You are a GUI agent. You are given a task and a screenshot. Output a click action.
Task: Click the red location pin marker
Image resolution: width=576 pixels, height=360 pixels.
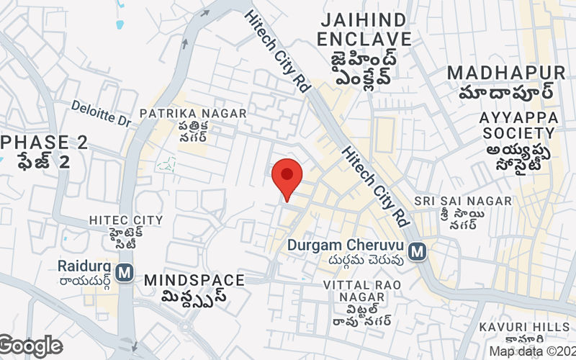287,176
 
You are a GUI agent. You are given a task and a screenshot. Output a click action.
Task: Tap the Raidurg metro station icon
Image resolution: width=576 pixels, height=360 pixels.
125,272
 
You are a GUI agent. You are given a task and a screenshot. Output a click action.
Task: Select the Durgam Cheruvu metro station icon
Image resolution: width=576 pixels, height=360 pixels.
416,251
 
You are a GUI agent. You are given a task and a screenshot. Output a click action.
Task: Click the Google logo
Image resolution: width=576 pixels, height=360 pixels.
30,346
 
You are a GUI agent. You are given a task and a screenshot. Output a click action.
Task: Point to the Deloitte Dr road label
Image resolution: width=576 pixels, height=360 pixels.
101,114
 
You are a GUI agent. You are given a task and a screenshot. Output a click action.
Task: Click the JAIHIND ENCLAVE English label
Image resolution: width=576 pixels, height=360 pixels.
365,28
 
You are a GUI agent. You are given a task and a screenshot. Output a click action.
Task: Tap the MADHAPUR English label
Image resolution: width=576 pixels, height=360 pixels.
506,73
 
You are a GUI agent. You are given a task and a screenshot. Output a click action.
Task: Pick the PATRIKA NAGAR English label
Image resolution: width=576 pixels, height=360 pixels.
193,114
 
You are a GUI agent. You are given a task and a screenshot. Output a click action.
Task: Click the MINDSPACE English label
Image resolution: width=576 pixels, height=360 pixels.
194,279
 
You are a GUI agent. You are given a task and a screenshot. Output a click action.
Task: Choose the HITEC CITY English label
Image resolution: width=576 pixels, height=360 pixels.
126,220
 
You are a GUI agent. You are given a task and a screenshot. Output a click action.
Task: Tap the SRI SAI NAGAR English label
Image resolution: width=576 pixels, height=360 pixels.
463,200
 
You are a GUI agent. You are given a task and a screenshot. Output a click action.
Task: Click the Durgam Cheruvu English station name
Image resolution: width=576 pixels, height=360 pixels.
345,245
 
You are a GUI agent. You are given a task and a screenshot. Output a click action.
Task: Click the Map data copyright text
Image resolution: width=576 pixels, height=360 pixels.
532,351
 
